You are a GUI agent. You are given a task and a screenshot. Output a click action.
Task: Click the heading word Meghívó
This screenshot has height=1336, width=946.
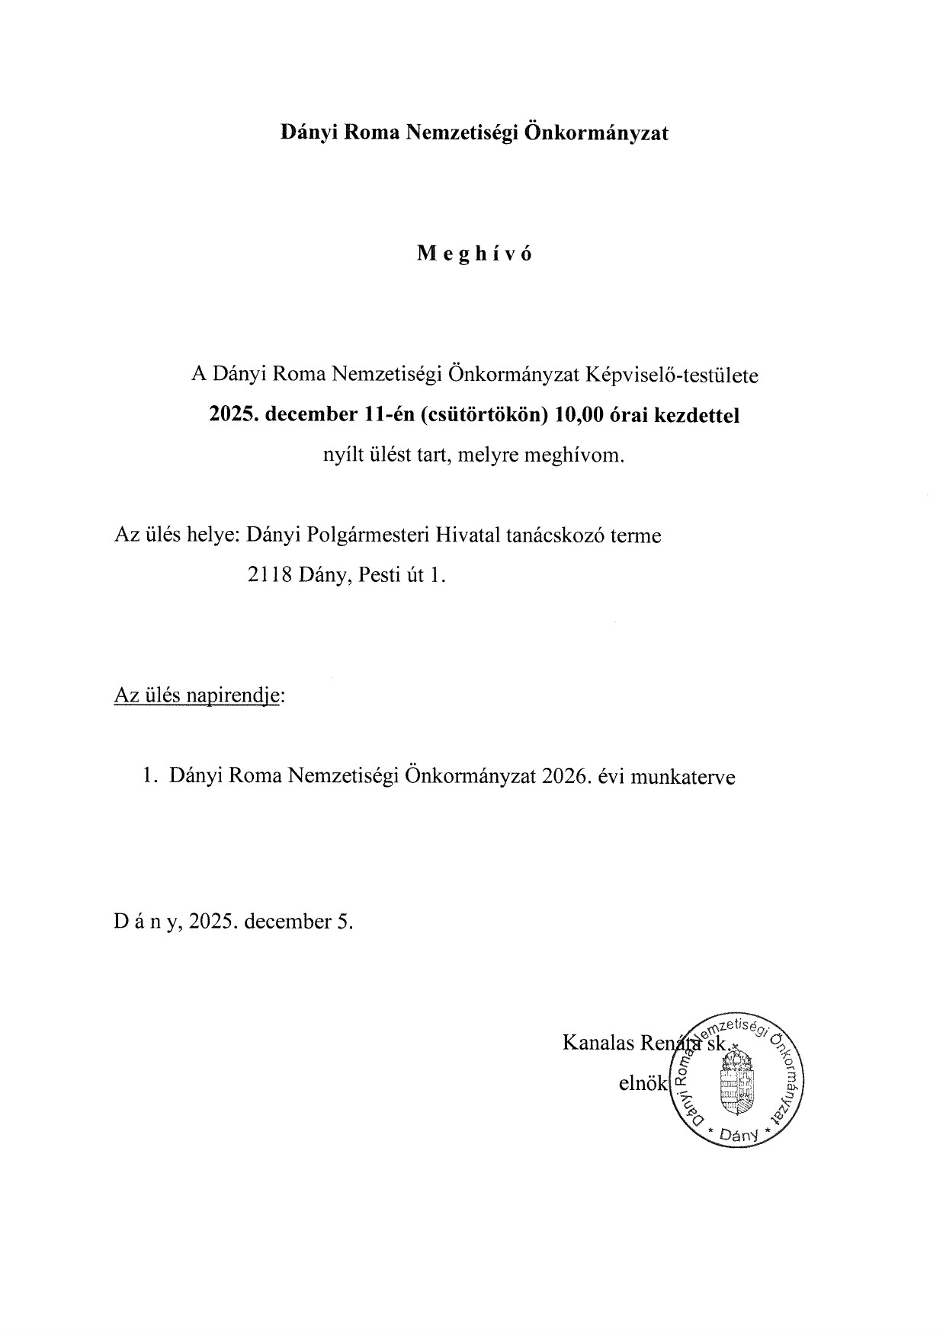pos(474,254)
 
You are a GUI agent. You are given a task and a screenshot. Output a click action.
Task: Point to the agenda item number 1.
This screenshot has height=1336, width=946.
pos(150,776)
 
